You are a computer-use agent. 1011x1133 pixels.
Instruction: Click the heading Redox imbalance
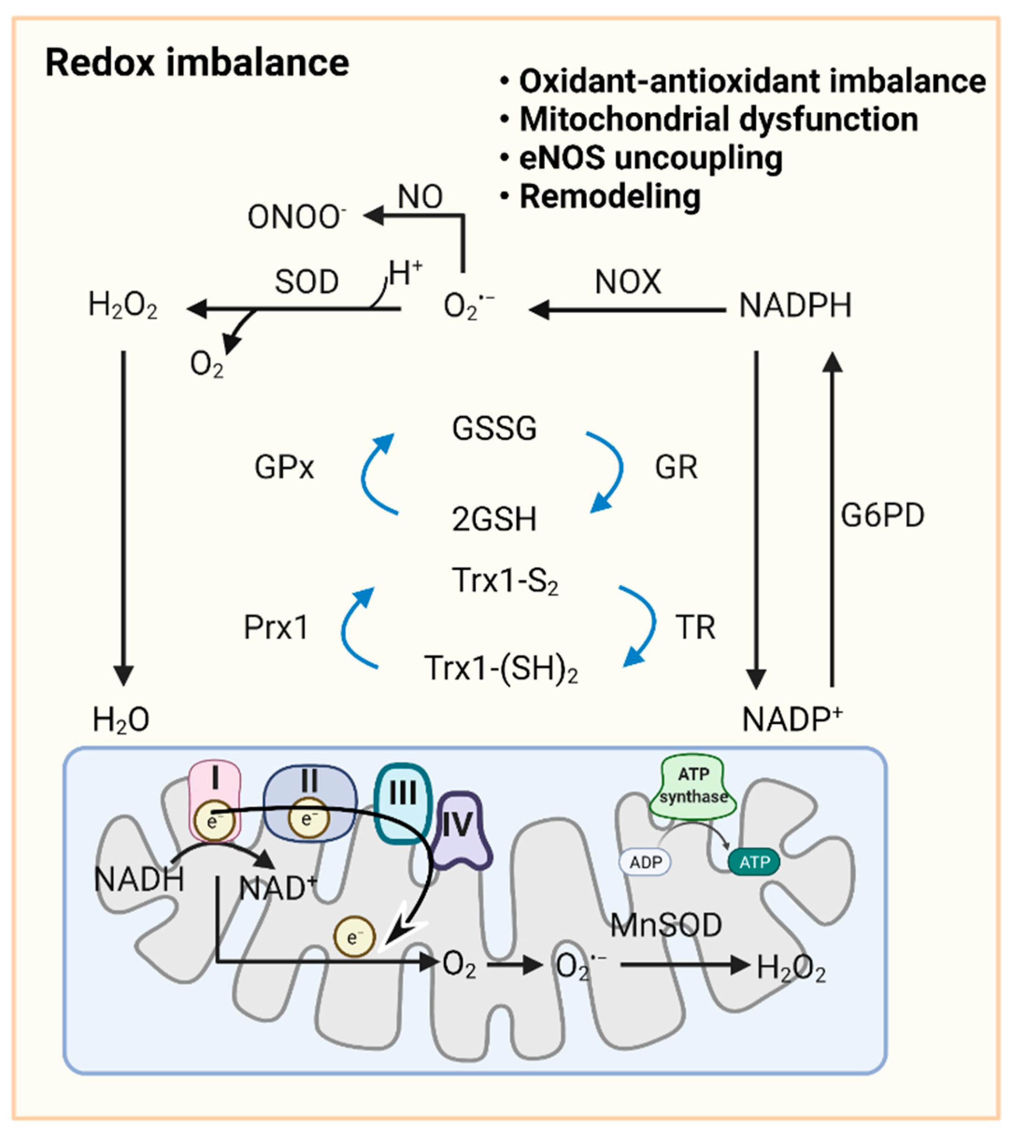pos(197,62)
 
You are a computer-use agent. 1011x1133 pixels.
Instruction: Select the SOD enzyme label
pos(306,282)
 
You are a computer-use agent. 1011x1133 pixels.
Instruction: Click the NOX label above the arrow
pos(628,282)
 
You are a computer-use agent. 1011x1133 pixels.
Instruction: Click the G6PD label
pos(882,516)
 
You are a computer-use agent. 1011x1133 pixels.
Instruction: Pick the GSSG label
pos(494,429)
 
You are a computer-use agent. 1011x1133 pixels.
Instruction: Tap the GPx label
pos(284,467)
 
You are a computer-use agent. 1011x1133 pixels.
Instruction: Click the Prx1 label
pos(276,628)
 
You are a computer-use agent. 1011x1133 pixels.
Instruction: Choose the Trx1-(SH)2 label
pos(500,668)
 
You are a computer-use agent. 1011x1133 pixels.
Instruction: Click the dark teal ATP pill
pos(754,862)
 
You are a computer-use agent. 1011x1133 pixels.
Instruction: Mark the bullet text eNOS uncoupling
pos(650,158)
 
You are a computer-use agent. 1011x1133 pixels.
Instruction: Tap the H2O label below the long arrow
pos(121,720)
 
